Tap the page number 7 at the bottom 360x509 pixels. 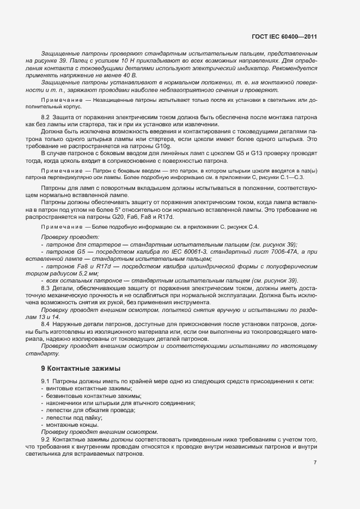pos(315,463)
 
